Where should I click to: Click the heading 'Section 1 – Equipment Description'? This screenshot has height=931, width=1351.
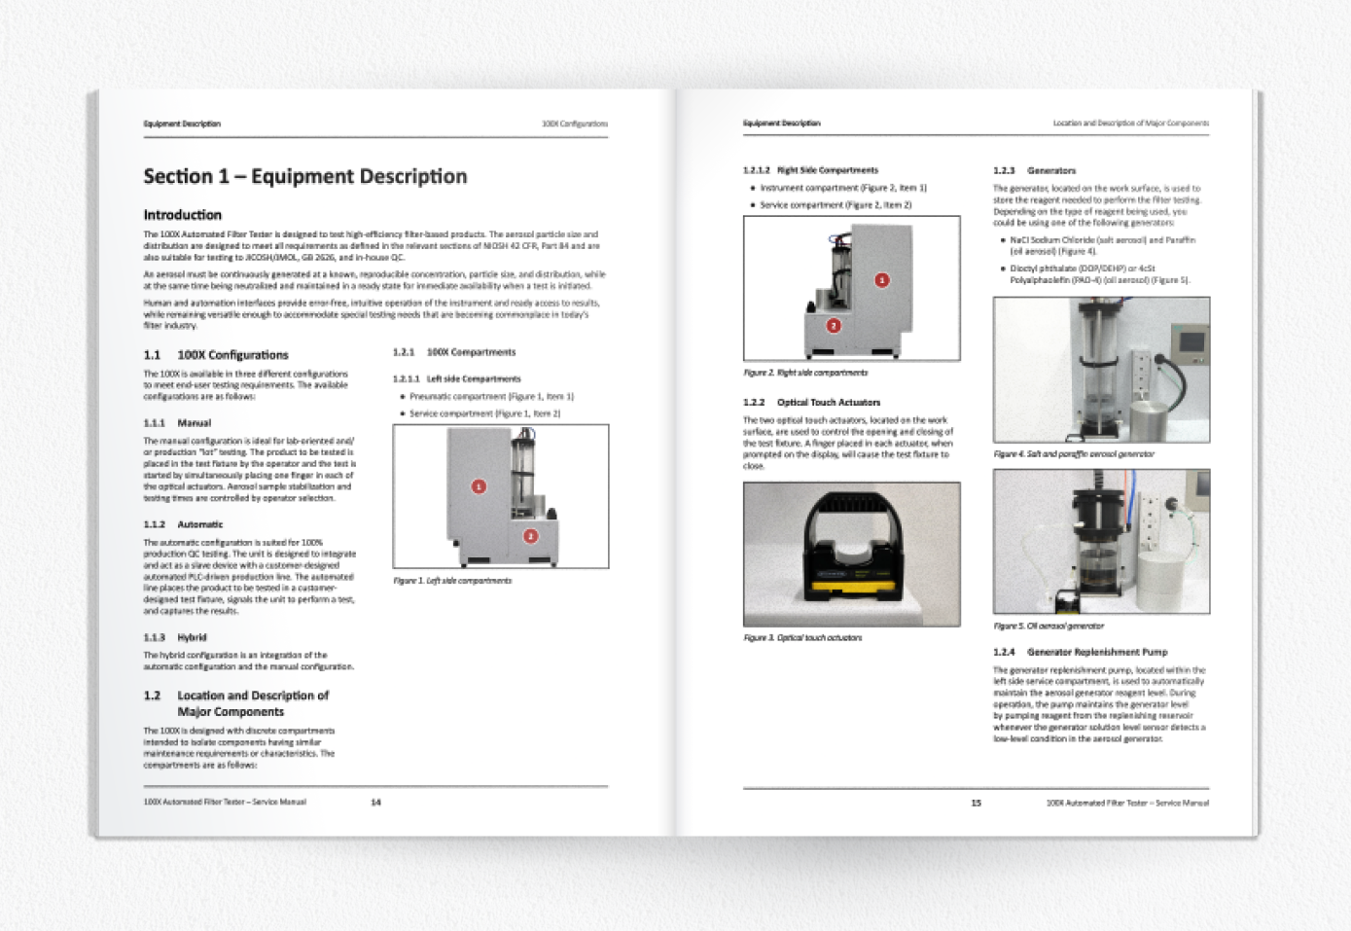pyautogui.click(x=304, y=176)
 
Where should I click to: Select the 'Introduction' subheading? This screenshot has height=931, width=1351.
pyautogui.click(x=182, y=215)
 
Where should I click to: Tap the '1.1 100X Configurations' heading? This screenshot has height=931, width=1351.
pyautogui.click(x=216, y=355)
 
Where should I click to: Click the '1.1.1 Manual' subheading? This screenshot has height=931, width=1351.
pyautogui.click(x=177, y=423)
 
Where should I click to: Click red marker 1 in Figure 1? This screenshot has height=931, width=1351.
pyautogui.click(x=479, y=486)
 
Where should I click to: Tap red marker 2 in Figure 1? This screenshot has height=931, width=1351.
pyautogui.click(x=530, y=536)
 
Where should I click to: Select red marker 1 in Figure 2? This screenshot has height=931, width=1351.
pyautogui.click(x=881, y=280)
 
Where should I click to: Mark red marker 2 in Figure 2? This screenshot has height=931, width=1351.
pyautogui.click(x=834, y=326)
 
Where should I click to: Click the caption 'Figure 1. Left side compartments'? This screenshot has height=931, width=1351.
pyautogui.click(x=452, y=581)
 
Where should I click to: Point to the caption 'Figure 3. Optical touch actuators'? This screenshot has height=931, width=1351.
pyautogui.click(x=802, y=638)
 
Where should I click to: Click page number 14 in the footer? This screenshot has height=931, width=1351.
pyautogui.click(x=375, y=803)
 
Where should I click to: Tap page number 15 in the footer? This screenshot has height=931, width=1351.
pyautogui.click(x=976, y=804)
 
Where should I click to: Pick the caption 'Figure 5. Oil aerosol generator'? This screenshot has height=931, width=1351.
pyautogui.click(x=1049, y=627)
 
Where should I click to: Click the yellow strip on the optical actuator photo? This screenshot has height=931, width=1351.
pyautogui.click(x=851, y=588)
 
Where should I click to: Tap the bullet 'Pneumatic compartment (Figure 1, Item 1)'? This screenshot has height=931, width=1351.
pyautogui.click(x=491, y=397)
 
